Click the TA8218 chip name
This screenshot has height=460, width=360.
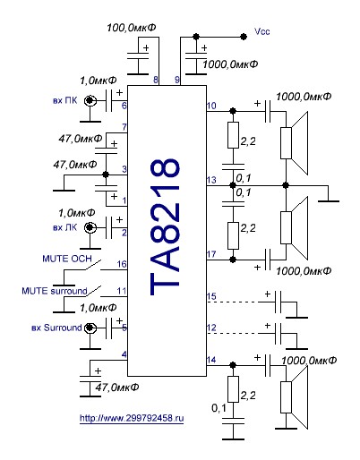165,226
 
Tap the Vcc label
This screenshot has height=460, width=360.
262,31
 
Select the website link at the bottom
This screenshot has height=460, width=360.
132,418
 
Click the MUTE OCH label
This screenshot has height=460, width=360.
67,259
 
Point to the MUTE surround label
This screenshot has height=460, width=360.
55,291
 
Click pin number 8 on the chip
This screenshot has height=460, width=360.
156,80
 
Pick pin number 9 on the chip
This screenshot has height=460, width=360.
177,80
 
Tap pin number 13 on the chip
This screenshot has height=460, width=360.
211,180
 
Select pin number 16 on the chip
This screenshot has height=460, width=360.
122,264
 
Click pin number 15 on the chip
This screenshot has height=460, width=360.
211,296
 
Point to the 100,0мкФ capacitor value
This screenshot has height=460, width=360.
132,28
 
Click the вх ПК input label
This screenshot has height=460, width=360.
64,100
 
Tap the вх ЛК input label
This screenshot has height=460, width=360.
64,227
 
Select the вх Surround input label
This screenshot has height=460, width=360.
56,328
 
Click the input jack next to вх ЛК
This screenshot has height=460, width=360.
90,228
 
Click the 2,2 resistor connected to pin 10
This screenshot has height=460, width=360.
233,135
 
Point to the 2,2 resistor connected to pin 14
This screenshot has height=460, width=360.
233,389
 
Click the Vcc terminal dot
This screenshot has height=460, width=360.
244,37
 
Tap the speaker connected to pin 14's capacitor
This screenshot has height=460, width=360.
294,397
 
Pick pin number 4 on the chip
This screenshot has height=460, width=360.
124,354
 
